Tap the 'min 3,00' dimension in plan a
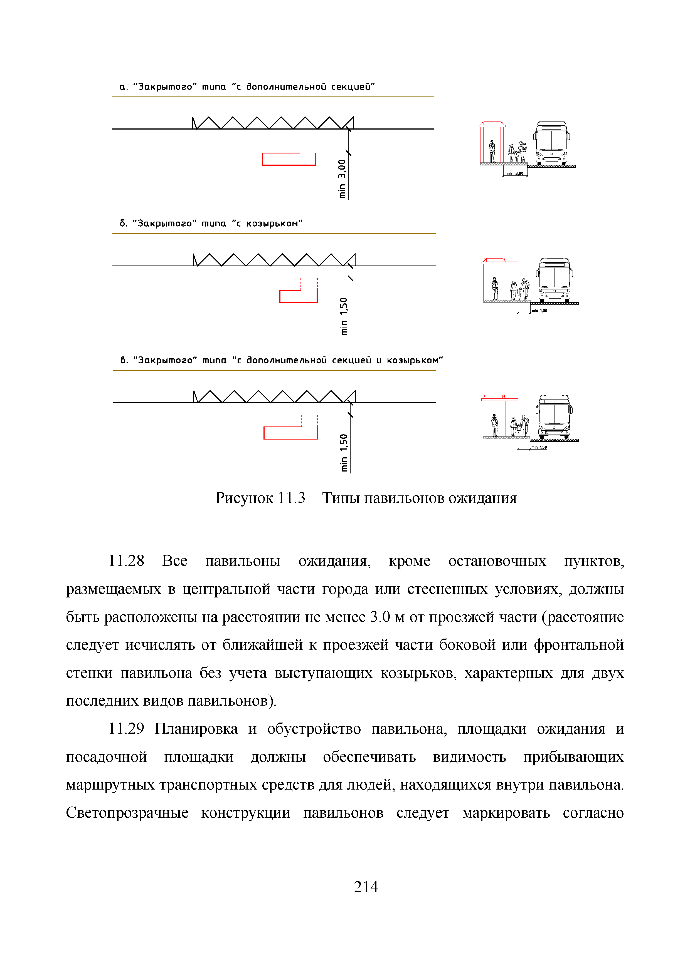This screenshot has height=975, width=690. [342, 178]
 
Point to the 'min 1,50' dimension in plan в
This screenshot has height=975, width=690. [344, 452]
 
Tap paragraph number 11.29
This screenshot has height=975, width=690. [126, 729]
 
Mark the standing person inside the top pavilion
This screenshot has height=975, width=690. [492, 151]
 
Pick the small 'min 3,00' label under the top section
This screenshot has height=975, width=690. [515, 173]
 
